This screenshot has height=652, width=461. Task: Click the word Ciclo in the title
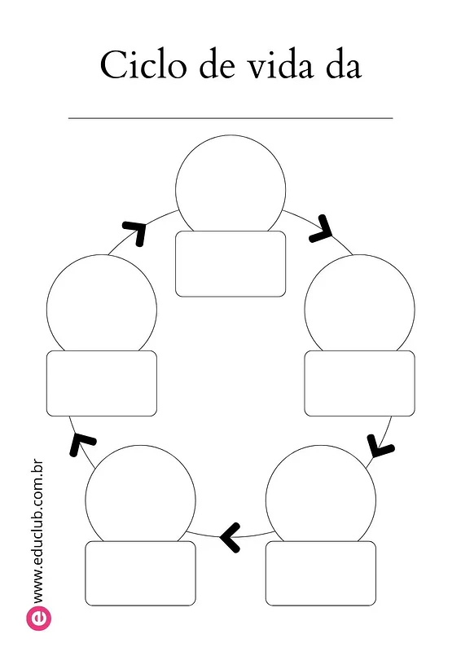143,64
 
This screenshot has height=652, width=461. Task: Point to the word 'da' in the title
344,64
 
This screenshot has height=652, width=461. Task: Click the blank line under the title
230,118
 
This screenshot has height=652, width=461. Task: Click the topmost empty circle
230,135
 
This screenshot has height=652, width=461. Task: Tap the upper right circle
359,255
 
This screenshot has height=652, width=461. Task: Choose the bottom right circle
320,446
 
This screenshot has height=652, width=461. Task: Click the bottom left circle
141,446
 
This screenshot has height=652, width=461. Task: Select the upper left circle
102,255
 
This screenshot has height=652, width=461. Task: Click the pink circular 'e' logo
38,619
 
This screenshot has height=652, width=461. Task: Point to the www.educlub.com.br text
37,531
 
